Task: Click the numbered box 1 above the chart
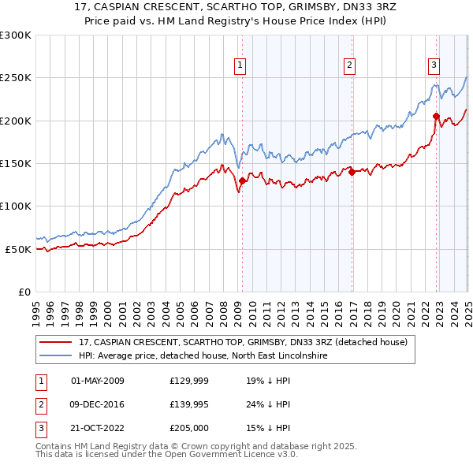(239, 66)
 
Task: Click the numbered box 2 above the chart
(349, 66)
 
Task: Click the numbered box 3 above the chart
(434, 66)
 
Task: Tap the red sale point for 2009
(242, 181)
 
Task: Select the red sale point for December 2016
(352, 173)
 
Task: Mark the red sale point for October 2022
(436, 117)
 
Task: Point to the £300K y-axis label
(15, 35)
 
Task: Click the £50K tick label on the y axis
(18, 249)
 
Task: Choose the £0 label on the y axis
(24, 292)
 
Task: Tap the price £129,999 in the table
(190, 381)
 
